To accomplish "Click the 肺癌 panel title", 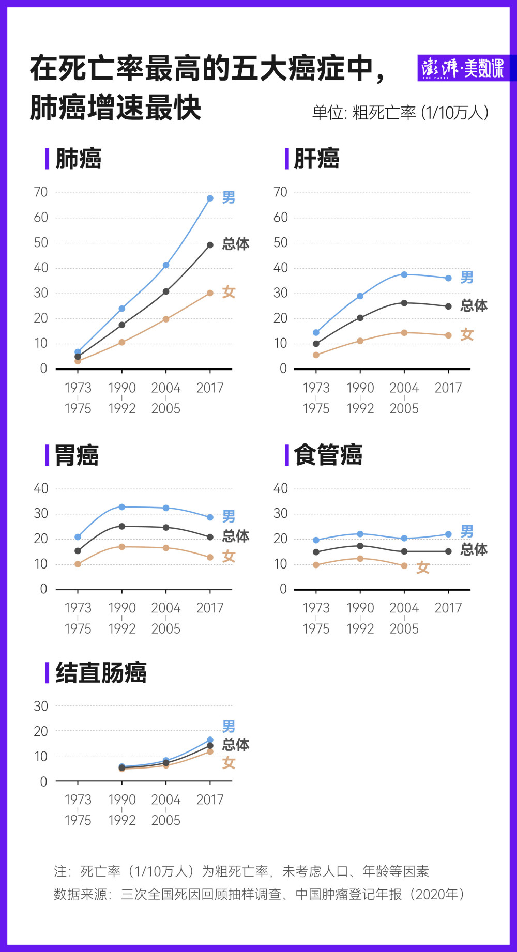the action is [x=79, y=159].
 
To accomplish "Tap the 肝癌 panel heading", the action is [x=317, y=159].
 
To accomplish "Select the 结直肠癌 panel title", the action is [x=101, y=673].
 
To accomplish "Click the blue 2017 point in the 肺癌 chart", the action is [x=210, y=198].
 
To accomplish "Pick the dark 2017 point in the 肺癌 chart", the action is [x=210, y=245].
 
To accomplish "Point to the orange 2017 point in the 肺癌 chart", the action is [x=210, y=293].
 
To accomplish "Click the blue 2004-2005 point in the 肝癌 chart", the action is [x=404, y=274].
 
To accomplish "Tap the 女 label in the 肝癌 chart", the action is [x=467, y=334].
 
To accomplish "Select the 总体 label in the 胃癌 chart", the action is [x=236, y=536].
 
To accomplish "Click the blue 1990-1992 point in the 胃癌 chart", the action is [x=122, y=507].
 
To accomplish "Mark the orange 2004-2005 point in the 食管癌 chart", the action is [x=404, y=566].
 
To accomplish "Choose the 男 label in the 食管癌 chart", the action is [x=467, y=531].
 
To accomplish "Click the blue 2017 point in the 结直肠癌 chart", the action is [x=210, y=740].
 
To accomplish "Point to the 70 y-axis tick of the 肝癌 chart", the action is [x=280, y=192].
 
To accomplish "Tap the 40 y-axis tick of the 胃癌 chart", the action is [x=41, y=488].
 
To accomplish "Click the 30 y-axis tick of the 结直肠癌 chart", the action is [x=41, y=706].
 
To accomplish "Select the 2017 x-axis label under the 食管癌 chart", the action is [x=448, y=608].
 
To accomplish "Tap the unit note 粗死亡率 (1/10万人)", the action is [x=420, y=112].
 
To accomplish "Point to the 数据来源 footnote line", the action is [x=259, y=894].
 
